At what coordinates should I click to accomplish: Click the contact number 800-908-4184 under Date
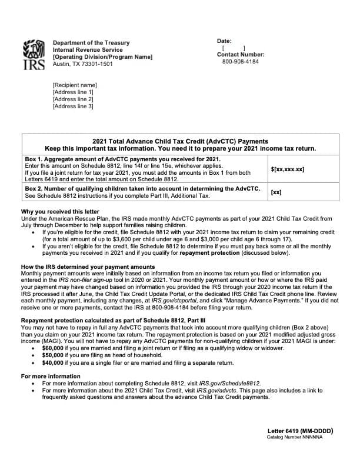[240, 62]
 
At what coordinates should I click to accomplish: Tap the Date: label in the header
[224, 41]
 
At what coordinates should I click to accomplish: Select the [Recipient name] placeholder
[75, 85]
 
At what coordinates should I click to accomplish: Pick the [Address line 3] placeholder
[73, 106]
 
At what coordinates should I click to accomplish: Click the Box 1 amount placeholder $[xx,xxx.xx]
[287, 169]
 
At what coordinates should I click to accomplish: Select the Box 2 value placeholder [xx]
[276, 192]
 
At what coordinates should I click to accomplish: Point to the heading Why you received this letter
[60, 211]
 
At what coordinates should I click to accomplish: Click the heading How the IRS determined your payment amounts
[88, 267]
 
